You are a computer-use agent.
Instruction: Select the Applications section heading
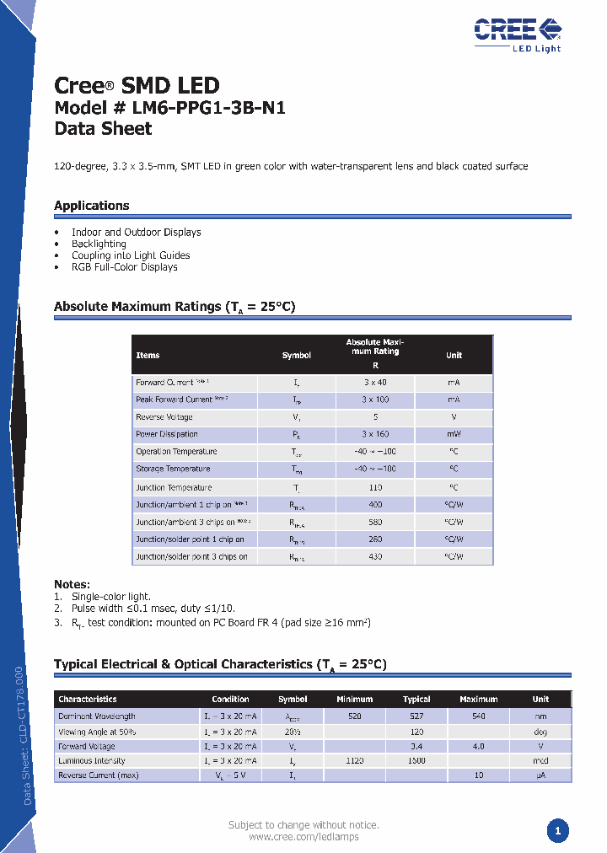(92, 206)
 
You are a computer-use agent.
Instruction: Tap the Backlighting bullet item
(99, 244)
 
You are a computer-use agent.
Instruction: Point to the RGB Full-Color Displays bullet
(125, 267)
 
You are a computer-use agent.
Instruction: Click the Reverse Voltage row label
(164, 417)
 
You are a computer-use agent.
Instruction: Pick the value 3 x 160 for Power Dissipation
(375, 435)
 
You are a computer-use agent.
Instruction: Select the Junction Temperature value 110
(375, 487)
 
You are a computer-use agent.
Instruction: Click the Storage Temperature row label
(173, 469)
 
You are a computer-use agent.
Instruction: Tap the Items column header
(148, 356)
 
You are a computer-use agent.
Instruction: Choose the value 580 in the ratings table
(375, 523)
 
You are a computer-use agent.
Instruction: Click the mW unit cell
(454, 435)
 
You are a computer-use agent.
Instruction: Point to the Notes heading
(72, 584)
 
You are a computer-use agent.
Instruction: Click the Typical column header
(416, 700)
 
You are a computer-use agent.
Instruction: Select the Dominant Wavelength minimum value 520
(354, 716)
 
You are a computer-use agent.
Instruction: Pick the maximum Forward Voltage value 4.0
(478, 747)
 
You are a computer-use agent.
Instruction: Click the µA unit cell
(540, 775)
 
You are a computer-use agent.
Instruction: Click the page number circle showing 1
(557, 831)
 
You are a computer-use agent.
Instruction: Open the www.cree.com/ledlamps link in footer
(303, 837)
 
